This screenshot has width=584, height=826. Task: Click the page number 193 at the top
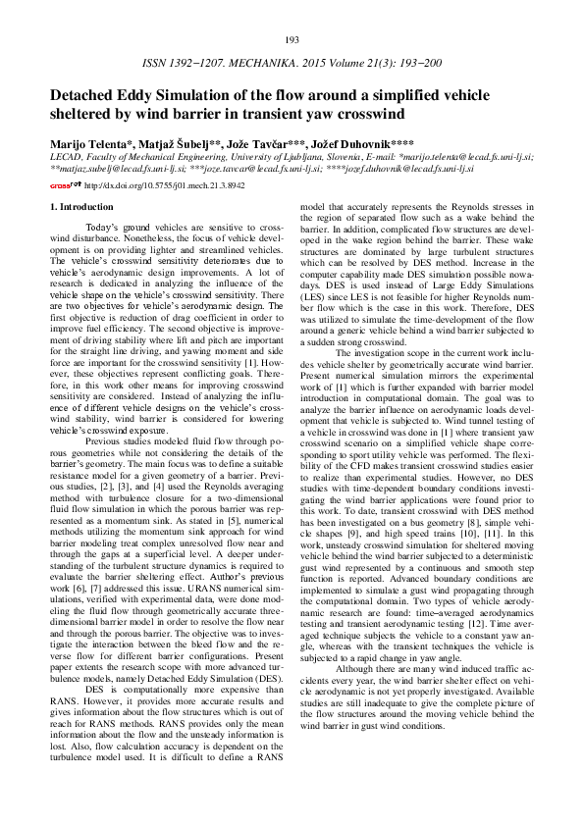(x=292, y=39)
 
